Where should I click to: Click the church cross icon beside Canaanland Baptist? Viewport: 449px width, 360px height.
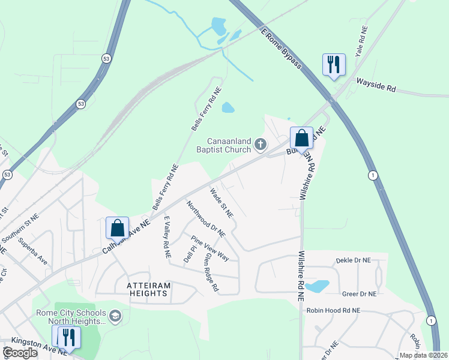click(260, 143)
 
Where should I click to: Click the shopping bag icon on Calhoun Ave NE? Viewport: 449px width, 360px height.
click(117, 228)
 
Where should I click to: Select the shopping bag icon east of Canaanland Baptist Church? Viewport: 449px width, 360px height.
click(301, 138)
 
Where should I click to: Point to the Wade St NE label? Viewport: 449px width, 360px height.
click(221, 203)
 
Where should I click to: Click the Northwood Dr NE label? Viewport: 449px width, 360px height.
click(206, 218)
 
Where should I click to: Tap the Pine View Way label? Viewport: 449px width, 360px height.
click(210, 248)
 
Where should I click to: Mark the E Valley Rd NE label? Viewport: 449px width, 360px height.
click(167, 237)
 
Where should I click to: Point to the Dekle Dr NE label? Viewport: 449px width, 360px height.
click(353, 260)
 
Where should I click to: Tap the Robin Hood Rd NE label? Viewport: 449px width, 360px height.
click(333, 310)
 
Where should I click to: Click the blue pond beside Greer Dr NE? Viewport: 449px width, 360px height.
click(317, 286)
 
